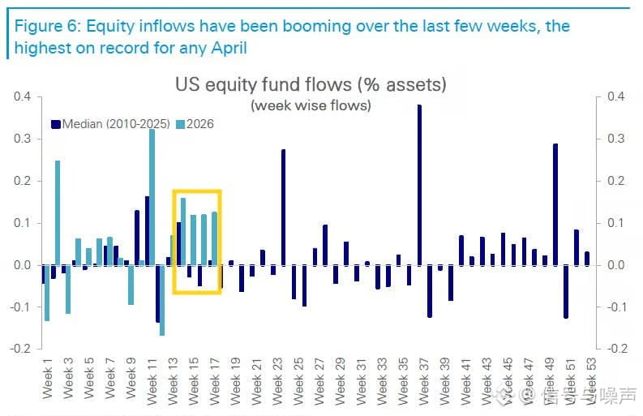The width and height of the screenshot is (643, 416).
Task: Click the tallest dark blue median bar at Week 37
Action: click(x=419, y=185)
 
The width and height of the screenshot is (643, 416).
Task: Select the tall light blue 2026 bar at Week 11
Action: click(x=152, y=197)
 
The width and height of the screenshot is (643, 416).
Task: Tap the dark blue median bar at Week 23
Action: click(x=283, y=207)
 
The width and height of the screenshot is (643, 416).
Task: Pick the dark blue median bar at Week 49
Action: click(x=555, y=204)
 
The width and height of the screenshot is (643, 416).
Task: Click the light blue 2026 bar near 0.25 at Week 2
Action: click(x=58, y=212)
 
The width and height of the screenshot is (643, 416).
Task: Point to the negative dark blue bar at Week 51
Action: click(x=566, y=292)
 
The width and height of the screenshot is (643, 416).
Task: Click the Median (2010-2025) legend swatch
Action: click(x=56, y=124)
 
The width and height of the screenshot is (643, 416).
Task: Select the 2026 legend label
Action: click(x=200, y=124)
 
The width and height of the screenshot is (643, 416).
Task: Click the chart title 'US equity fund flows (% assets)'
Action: click(x=311, y=84)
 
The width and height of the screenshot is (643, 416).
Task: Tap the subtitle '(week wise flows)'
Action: click(x=311, y=105)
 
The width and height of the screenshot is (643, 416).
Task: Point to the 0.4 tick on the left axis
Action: click(x=22, y=96)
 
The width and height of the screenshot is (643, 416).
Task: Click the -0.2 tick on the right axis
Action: click(x=616, y=349)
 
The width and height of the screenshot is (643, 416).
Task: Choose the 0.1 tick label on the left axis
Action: click(x=22, y=223)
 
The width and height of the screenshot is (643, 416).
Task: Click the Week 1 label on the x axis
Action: click(x=48, y=377)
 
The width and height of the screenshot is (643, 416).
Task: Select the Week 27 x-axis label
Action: click(x=319, y=380)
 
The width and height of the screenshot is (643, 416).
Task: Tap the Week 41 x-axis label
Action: click(x=466, y=380)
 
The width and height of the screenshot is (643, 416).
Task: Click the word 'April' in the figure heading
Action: click(x=229, y=48)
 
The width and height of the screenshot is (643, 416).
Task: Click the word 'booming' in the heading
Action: click(x=316, y=27)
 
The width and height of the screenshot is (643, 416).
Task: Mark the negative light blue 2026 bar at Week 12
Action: click(x=162, y=301)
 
